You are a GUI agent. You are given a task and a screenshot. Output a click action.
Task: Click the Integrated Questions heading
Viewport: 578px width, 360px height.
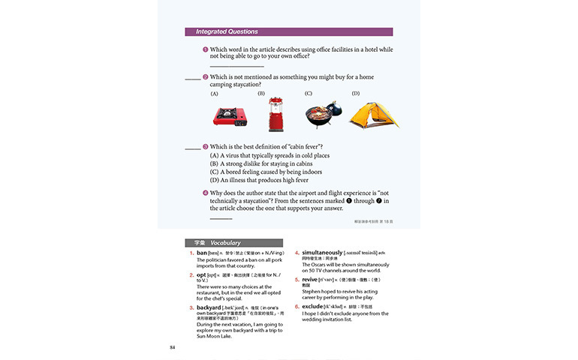[x=227, y=32]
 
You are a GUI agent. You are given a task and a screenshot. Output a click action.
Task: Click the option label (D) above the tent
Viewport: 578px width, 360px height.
[x=356, y=94]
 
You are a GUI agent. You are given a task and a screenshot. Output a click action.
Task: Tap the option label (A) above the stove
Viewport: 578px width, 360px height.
[x=214, y=94]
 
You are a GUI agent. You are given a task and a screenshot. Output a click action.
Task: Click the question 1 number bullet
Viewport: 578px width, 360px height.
[x=205, y=49]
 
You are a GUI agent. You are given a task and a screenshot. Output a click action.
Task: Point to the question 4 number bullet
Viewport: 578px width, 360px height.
[x=205, y=193]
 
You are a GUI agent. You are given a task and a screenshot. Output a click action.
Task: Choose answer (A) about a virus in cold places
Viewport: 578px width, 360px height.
[x=269, y=155]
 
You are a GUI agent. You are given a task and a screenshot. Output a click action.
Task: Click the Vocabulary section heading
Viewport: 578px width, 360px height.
[x=225, y=243]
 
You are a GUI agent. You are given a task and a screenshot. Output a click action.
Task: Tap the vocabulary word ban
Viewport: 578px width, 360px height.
[x=202, y=253]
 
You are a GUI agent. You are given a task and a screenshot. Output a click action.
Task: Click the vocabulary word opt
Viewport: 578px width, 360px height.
[x=201, y=275]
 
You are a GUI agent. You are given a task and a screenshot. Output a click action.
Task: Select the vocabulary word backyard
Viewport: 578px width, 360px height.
[x=209, y=307]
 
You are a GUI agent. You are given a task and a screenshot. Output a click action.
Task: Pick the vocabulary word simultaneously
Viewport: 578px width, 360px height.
[x=322, y=253]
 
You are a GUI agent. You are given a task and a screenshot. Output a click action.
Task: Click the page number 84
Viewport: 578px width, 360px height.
[x=172, y=347]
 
